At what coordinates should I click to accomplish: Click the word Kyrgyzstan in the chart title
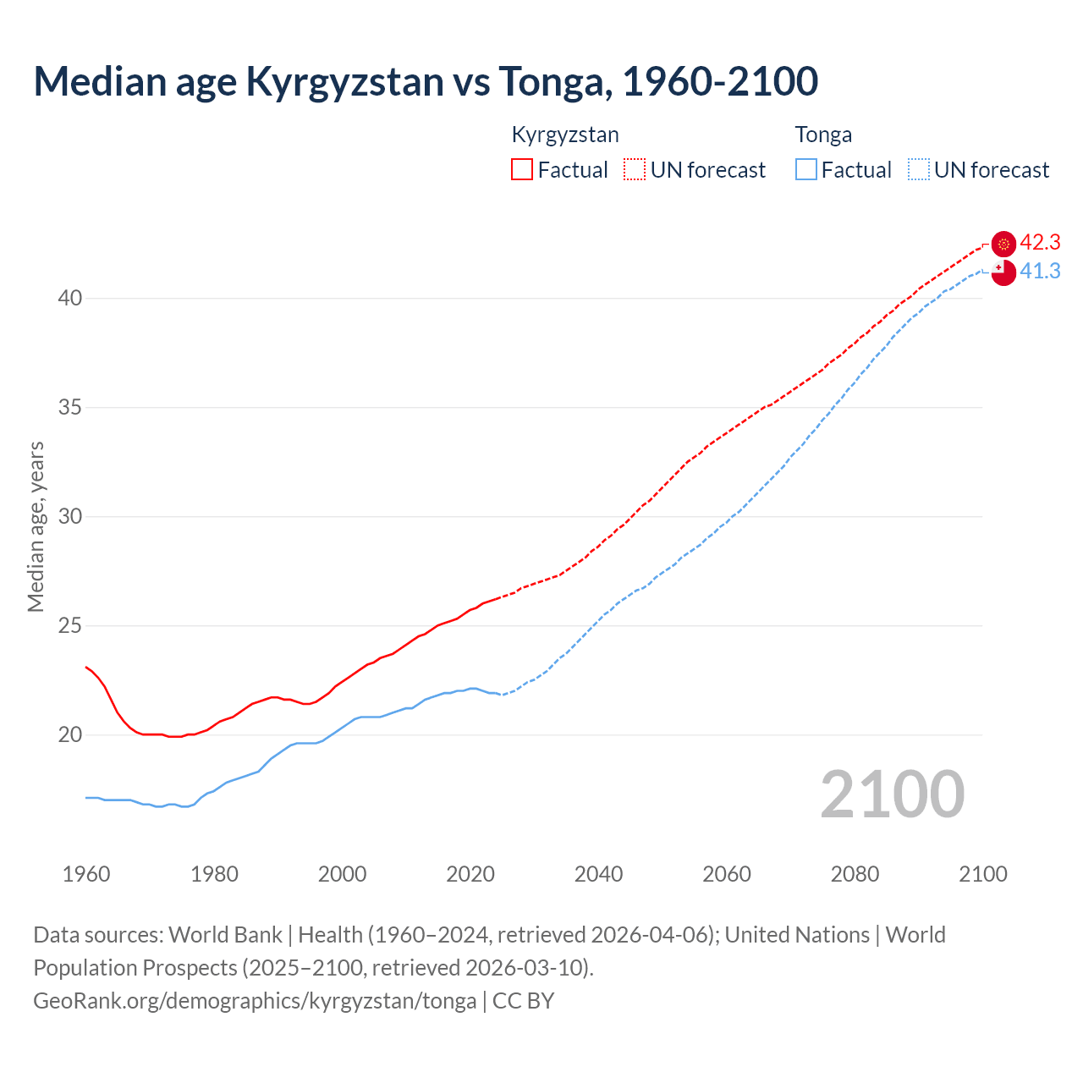(344, 81)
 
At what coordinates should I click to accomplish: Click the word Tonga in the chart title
(547, 81)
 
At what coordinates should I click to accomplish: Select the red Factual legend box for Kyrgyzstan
(522, 170)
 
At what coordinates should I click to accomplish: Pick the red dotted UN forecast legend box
(635, 170)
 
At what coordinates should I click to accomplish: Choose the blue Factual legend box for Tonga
(806, 170)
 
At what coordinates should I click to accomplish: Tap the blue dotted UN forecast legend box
(918, 170)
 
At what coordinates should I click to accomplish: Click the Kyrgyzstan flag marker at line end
(1003, 244)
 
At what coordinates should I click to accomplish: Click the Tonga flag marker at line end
(1003, 272)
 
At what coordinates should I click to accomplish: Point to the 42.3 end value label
(1040, 243)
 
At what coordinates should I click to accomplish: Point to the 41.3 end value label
(1040, 272)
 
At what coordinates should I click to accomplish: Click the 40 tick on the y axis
(70, 299)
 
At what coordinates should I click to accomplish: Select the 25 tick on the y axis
(70, 626)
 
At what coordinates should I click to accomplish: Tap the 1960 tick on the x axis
(86, 874)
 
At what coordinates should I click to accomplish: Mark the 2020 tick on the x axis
(470, 874)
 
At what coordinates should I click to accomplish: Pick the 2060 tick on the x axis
(727, 874)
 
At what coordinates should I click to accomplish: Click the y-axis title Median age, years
(36, 526)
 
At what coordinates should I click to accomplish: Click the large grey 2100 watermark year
(892, 794)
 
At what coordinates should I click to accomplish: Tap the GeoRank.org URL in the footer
(255, 1001)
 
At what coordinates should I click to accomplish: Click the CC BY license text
(523, 1001)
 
